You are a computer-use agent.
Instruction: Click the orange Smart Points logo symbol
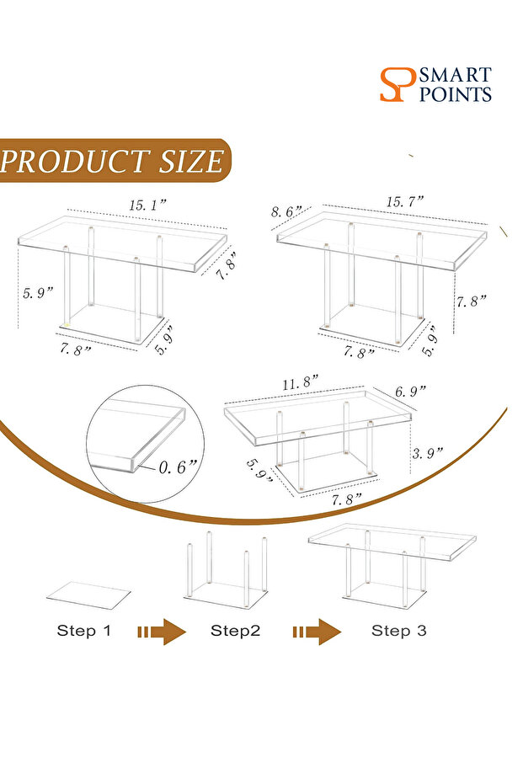(398, 84)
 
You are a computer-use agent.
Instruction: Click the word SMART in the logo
(455, 76)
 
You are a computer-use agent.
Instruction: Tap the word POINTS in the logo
(455, 94)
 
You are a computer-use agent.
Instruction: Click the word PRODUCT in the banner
(74, 161)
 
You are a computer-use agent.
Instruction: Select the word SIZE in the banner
(190, 161)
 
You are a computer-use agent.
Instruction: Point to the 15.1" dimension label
(147, 205)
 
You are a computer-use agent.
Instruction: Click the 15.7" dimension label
(404, 201)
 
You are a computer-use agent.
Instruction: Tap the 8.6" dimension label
(286, 211)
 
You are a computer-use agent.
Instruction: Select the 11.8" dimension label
(300, 383)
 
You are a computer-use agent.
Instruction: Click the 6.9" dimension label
(410, 391)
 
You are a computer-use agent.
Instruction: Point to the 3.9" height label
(427, 453)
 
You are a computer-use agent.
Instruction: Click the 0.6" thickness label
(178, 467)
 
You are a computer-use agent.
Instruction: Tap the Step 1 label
(83, 631)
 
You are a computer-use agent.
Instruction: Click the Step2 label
(236, 631)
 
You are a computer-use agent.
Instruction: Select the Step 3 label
(398, 631)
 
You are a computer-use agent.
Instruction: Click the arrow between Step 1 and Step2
(161, 632)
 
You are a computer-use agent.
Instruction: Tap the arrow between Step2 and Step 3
(317, 632)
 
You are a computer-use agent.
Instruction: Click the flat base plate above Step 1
(88, 595)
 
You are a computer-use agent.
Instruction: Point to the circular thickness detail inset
(145, 444)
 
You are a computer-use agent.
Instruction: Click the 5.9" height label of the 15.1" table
(38, 292)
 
